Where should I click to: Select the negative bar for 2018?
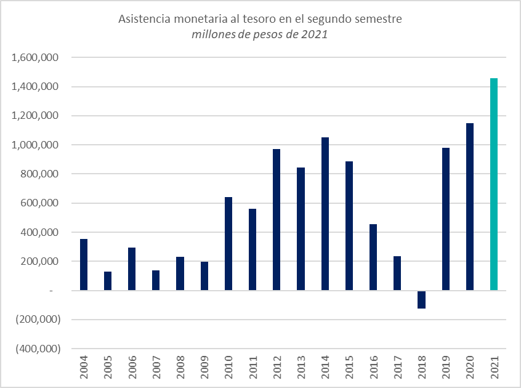(x=421, y=299)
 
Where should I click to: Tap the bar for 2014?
(x=325, y=214)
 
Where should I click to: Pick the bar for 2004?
(x=84, y=265)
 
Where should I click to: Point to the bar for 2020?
(x=470, y=206)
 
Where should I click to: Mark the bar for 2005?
(x=108, y=281)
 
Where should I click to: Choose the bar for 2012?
(x=277, y=219)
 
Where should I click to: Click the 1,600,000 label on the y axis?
(x=35, y=58)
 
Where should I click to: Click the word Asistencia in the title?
(x=142, y=19)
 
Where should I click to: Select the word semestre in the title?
(x=379, y=19)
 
